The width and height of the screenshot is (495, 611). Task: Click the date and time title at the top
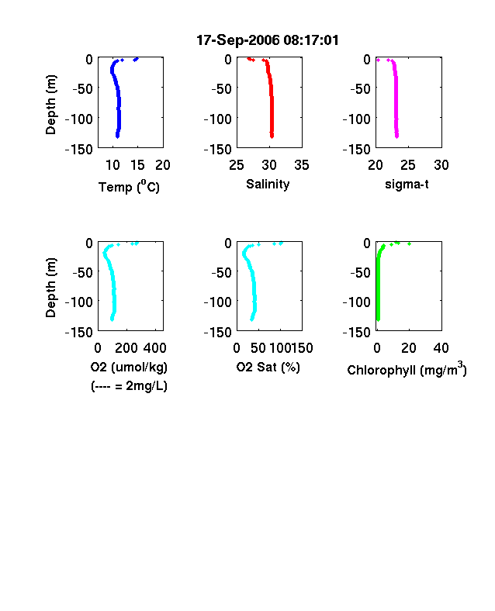click(268, 40)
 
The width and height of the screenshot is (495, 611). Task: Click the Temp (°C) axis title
click(129, 186)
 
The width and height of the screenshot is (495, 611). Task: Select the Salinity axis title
click(268, 184)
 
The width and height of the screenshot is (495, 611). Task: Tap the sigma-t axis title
click(407, 184)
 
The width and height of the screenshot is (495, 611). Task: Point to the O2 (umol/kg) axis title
click(129, 367)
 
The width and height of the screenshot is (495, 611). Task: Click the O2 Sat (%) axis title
click(268, 367)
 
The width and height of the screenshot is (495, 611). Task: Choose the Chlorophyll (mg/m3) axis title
click(407, 369)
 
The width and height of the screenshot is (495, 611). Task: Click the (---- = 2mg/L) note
click(129, 386)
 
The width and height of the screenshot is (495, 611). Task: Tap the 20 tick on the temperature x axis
click(163, 165)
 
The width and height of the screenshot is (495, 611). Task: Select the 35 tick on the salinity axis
click(302, 165)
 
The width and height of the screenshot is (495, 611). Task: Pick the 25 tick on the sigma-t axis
click(408, 165)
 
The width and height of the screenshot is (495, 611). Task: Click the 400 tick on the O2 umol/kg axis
click(154, 348)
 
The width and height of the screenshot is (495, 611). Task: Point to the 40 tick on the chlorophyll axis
click(441, 348)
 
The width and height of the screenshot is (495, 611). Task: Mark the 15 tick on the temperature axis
click(137, 165)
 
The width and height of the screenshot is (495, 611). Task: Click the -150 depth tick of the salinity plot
click(217, 149)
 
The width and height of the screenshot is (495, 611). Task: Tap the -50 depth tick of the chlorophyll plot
click(360, 272)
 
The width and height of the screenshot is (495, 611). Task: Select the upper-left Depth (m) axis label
click(50, 105)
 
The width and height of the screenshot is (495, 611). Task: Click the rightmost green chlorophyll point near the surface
click(409, 244)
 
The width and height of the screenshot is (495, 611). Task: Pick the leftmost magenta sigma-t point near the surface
click(378, 60)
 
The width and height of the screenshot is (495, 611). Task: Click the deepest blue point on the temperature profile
click(117, 136)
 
